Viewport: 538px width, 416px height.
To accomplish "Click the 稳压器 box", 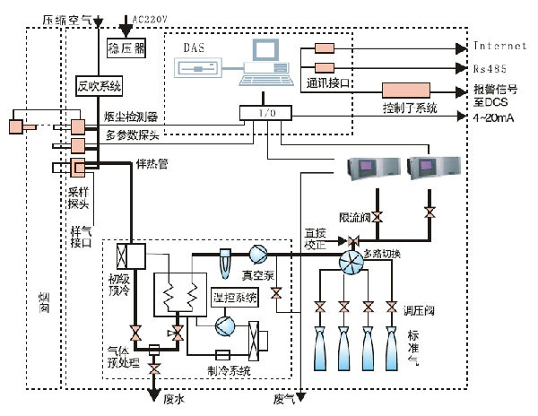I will click(126, 44).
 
